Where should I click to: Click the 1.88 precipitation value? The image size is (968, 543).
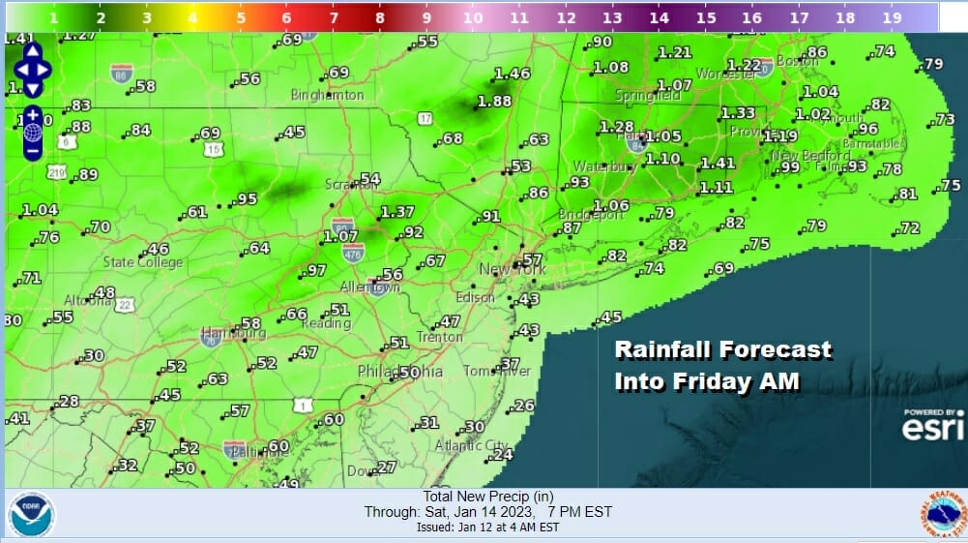[x=494, y=102]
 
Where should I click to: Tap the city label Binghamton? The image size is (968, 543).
[x=327, y=96]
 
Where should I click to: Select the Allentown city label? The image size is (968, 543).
[x=369, y=288]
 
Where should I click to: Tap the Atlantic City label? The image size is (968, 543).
[x=471, y=446]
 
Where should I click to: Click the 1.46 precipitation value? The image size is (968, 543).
[x=512, y=74]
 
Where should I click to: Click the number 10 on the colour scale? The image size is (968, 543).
[x=472, y=17]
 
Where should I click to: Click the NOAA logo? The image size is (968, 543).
[x=32, y=514]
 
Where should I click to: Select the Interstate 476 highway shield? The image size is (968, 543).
[x=352, y=253]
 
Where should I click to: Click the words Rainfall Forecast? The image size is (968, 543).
[x=722, y=349]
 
